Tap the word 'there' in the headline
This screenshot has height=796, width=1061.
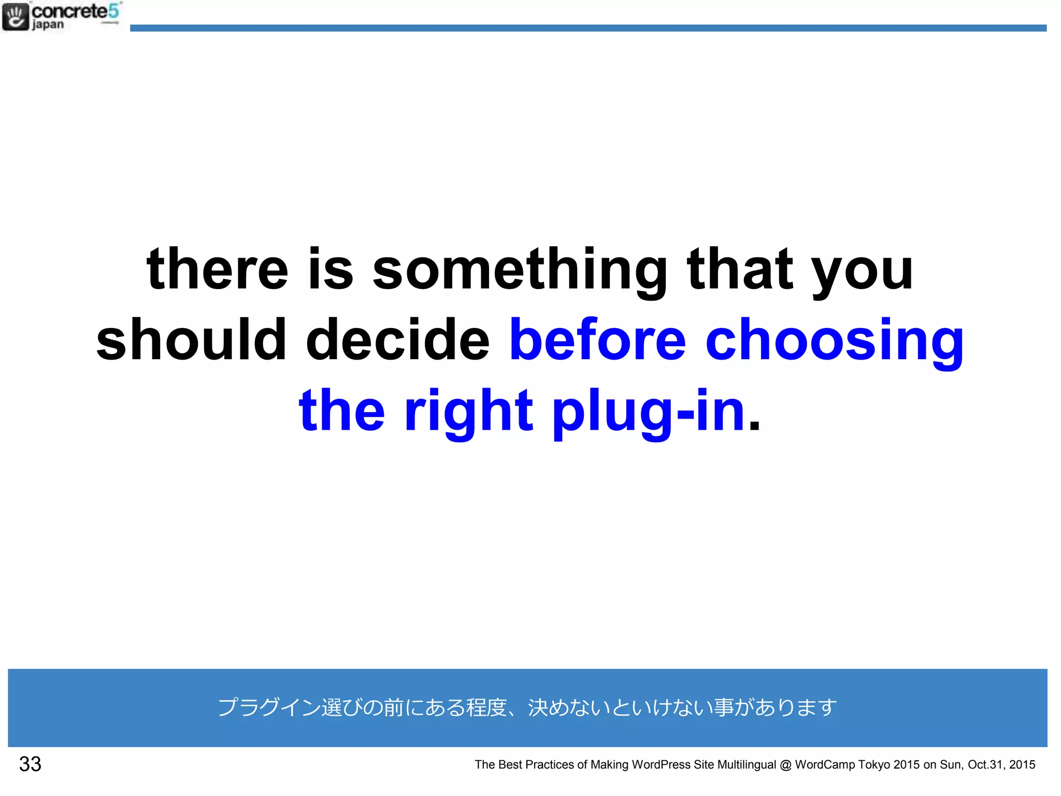(217, 269)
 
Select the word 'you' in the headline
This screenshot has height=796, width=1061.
(863, 272)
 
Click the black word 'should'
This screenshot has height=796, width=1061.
(191, 340)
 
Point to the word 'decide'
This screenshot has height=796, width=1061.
(397, 340)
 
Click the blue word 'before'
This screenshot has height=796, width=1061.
(598, 340)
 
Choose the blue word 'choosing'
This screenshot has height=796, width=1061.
(835, 342)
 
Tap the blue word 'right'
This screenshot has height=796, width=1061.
(468, 412)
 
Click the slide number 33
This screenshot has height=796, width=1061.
(30, 764)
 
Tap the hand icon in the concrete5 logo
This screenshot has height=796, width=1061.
(16, 17)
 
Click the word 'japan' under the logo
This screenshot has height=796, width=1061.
(48, 25)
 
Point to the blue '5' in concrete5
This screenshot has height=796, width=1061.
(113, 10)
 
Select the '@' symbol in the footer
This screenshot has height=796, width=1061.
(785, 764)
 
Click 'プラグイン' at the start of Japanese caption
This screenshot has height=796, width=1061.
(268, 707)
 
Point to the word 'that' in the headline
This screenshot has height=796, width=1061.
(739, 269)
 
